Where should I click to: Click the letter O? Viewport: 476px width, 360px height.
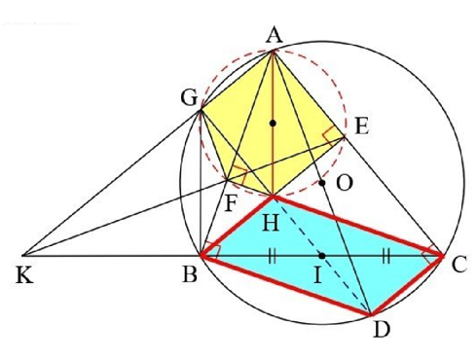click(344, 182)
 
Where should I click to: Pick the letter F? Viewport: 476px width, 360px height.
click(231, 205)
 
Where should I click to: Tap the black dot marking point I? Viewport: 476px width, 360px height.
click(321, 255)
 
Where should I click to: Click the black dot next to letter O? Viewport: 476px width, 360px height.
click(321, 182)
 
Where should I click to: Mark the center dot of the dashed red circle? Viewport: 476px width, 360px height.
click(274, 123)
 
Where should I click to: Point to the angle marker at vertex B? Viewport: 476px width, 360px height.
click(210, 249)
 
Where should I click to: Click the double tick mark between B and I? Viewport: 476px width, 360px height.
click(269, 255)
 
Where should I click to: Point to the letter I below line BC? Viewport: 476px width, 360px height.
click(317, 277)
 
